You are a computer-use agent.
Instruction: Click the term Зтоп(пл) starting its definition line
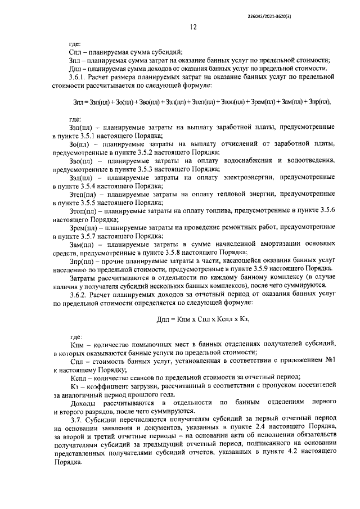(83, 209)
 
